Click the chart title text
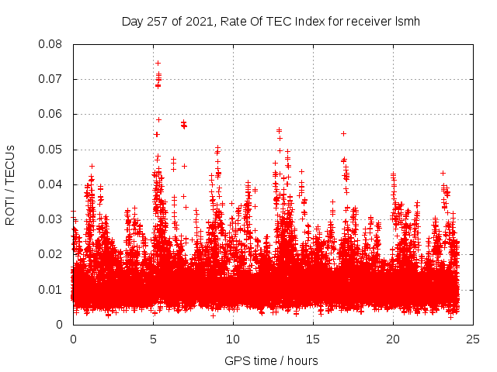tap(271, 21)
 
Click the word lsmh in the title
tap(408, 21)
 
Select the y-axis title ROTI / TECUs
tap(11, 184)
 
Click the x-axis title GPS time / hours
tap(271, 360)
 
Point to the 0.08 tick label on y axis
tap(52, 44)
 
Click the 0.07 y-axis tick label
tap(52, 79)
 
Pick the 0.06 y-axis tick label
tap(52, 114)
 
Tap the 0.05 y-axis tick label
tap(52, 149)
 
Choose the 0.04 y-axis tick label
tap(52, 184)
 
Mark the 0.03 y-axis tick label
tap(52, 219)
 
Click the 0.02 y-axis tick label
tap(52, 254)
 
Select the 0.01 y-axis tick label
tap(52, 289)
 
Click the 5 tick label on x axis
tap(154, 339)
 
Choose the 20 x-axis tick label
tap(394, 339)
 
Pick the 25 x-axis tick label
tap(474, 339)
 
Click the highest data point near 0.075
tap(158, 63)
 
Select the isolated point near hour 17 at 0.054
tap(343, 133)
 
